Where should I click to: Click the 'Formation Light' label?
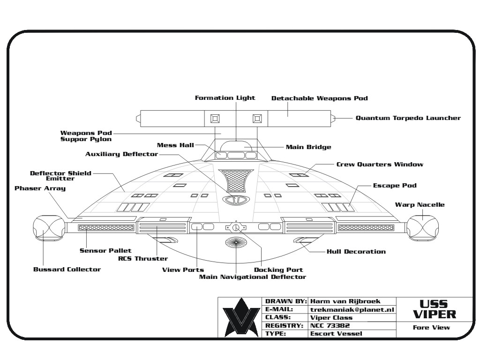(225, 98)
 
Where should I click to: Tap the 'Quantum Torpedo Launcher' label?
(408, 118)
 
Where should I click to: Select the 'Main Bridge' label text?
(308, 147)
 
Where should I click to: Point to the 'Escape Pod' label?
(395, 186)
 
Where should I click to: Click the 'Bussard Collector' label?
(67, 270)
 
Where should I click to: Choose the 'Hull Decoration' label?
(356, 252)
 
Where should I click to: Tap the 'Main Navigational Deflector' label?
(253, 277)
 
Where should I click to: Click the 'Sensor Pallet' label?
(105, 250)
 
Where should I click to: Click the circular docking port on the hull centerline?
(236, 228)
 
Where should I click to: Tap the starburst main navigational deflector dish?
(236, 242)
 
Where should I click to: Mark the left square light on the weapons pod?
(215, 119)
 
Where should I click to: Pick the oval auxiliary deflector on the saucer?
(236, 200)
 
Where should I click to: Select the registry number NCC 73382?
(330, 325)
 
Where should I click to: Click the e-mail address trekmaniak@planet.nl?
(352, 309)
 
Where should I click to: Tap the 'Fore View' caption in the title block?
(431, 328)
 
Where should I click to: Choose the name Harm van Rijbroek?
(345, 301)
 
